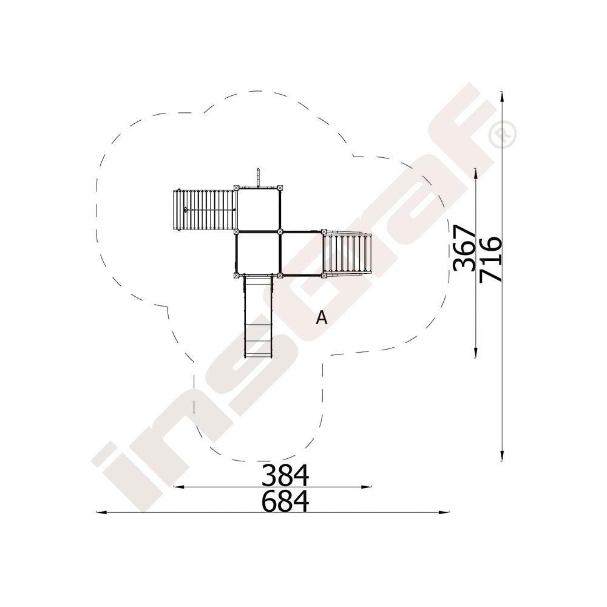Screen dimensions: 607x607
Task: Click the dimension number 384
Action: (285, 475)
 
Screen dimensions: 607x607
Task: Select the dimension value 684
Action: (285, 501)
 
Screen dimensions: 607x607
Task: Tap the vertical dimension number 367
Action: (464, 248)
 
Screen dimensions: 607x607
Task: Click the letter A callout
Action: (322, 318)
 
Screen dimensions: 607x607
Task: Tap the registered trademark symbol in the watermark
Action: (503, 134)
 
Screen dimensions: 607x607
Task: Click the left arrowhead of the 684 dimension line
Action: (101, 512)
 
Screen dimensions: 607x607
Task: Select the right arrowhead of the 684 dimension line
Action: (444, 512)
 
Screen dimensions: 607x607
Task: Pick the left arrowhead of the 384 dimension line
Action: (178, 486)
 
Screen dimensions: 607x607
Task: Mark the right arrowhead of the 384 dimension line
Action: (366, 486)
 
